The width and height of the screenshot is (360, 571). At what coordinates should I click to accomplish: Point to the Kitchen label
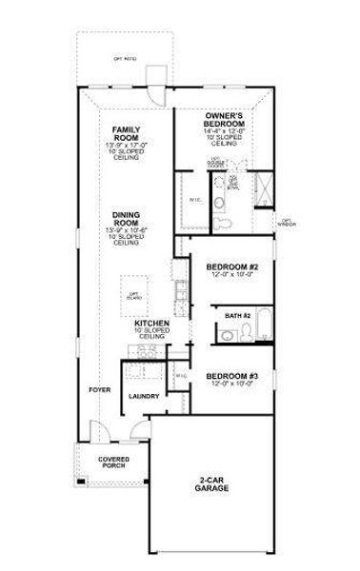151,325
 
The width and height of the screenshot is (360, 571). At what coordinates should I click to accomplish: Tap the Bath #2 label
237,314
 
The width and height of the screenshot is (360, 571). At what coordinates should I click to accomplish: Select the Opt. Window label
287,225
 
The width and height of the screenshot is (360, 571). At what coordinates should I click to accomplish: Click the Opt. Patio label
125,58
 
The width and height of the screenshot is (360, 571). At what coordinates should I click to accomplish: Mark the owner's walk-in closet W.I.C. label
193,201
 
